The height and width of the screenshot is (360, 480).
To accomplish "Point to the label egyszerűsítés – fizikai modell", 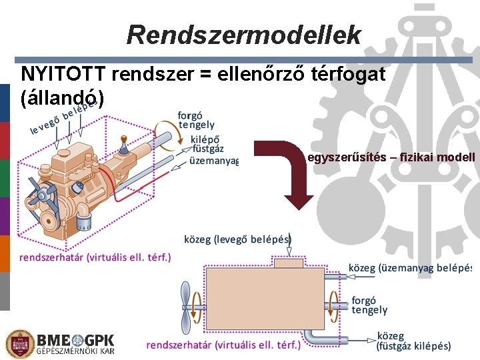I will click(x=391, y=157).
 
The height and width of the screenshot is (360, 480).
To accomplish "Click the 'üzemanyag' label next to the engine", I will click(x=214, y=161).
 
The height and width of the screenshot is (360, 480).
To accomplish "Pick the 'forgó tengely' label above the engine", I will click(x=196, y=119).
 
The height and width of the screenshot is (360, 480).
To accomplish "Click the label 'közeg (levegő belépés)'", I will click(x=238, y=239).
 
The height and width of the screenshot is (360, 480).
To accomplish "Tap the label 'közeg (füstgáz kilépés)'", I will click(x=413, y=341).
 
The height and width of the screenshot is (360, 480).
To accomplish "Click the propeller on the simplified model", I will click(x=186, y=305).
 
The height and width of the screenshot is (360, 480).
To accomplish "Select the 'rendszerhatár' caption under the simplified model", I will click(x=223, y=345).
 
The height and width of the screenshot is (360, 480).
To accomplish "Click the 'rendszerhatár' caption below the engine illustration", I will click(x=95, y=257).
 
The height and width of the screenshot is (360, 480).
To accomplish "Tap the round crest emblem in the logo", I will click(x=18, y=344).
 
